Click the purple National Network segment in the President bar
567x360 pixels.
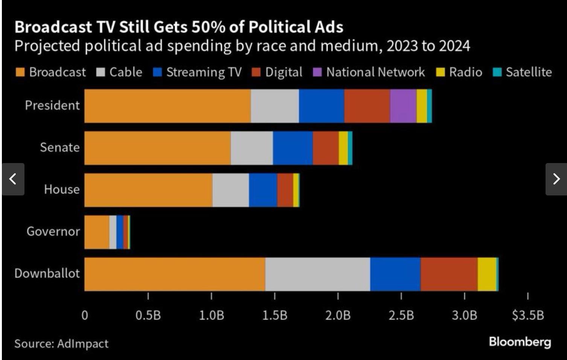[x=403, y=106]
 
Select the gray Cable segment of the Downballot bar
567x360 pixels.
[x=317, y=274]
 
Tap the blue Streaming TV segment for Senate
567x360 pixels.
[x=293, y=148]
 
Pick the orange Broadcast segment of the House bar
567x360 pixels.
[x=148, y=190]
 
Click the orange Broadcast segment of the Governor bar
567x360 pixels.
[x=97, y=232]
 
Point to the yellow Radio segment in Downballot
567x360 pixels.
[x=487, y=274]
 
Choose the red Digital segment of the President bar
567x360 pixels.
[x=367, y=106]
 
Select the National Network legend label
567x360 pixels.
[x=375, y=72]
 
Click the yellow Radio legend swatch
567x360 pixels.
[x=440, y=72]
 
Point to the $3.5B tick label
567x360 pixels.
[x=528, y=315]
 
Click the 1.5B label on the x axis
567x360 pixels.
[x=274, y=315]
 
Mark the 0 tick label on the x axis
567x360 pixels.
[x=85, y=315]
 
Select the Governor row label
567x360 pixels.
[x=53, y=231]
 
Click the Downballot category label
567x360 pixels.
[x=47, y=273]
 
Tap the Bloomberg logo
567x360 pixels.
[x=520, y=342]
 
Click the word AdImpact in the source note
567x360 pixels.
[x=83, y=343]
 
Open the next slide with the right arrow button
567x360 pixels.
[x=556, y=179]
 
